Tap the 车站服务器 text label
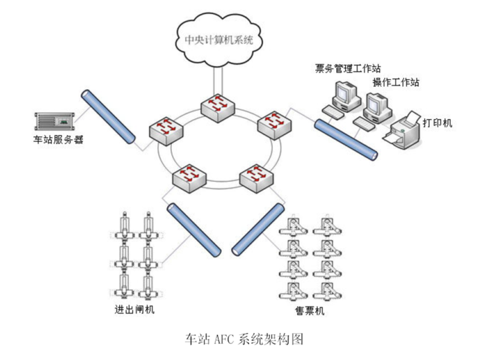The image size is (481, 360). click(x=58, y=140)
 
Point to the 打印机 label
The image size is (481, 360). click(x=437, y=123)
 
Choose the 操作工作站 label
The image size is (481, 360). click(x=395, y=83)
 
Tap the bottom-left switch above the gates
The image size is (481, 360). click(x=190, y=177)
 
